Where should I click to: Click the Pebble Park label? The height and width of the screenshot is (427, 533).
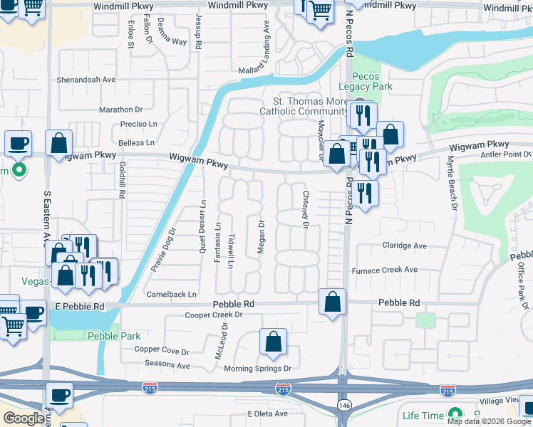tap(114, 336)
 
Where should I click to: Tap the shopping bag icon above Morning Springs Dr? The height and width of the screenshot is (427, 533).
tap(274, 342)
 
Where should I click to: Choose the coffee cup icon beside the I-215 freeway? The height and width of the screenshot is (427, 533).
tap(59, 395)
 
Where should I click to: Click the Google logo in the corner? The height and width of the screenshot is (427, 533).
tap(24, 418)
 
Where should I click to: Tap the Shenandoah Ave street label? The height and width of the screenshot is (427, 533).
tap(86, 80)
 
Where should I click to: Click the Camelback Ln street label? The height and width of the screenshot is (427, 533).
tap(171, 294)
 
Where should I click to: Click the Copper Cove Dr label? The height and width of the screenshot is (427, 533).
tap(162, 351)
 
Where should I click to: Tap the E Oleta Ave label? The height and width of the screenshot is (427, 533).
tap(267, 413)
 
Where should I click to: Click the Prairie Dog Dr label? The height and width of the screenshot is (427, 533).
tap(163, 249)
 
